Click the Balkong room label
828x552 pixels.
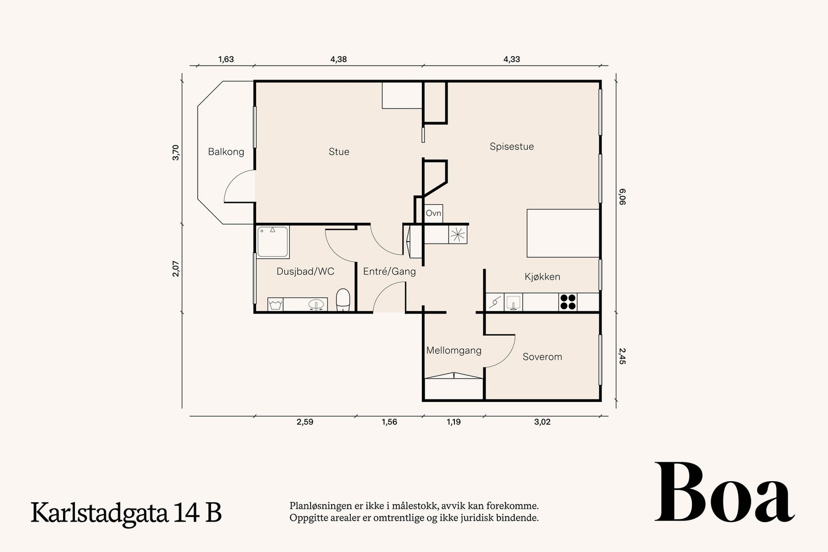tap(226, 152)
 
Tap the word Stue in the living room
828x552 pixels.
tap(339, 152)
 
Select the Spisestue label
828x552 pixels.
tap(512, 146)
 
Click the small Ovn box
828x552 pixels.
tap(434, 213)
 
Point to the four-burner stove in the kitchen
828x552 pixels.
tap(568, 302)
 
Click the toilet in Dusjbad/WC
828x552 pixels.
tap(343, 300)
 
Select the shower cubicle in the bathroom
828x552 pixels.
tap(273, 242)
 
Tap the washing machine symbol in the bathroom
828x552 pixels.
tap(275, 304)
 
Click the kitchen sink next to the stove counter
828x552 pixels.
tap(513, 302)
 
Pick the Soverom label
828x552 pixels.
tap(542, 357)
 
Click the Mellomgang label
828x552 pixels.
tap(454, 351)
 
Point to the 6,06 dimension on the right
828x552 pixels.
tap(623, 197)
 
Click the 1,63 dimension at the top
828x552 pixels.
tap(226, 59)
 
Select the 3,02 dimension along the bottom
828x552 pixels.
tap(542, 422)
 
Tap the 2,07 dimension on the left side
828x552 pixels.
tap(176, 269)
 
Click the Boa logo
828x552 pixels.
tap(724, 493)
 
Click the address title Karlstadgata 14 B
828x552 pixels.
tap(126, 513)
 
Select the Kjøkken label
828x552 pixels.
tap(542, 277)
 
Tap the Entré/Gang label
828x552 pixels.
tap(389, 271)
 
